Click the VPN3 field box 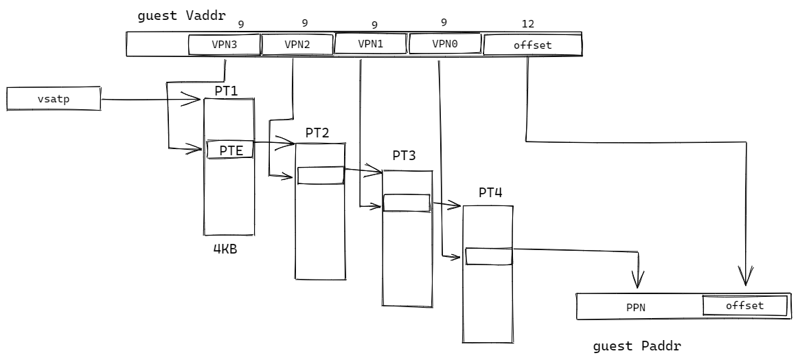[x=225, y=45]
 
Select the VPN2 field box [x=297, y=45]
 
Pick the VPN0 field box [x=444, y=43]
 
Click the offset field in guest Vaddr [x=533, y=45]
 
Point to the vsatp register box [x=54, y=99]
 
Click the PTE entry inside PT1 [x=230, y=149]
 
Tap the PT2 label [x=317, y=133]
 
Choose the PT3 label [x=404, y=156]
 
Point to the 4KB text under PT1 [x=226, y=249]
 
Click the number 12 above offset [x=528, y=24]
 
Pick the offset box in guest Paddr [x=744, y=306]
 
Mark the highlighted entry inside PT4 [x=489, y=256]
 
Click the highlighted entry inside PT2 [x=321, y=175]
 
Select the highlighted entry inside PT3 [x=407, y=203]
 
